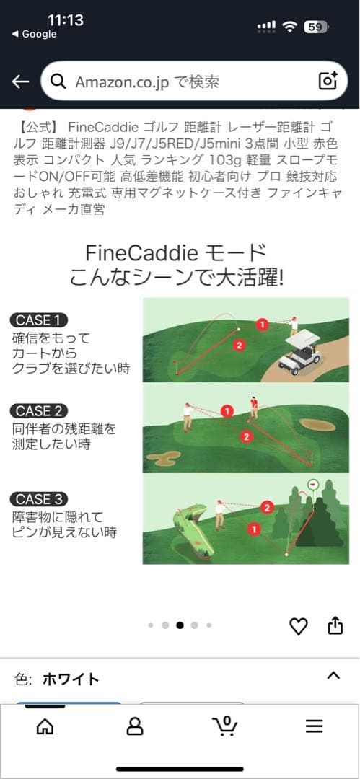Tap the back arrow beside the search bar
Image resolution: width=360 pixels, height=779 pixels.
pyautogui.click(x=20, y=82)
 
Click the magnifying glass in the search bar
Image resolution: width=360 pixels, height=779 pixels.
pyautogui.click(x=58, y=82)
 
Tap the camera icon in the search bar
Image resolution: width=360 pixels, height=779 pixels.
pyautogui.click(x=328, y=81)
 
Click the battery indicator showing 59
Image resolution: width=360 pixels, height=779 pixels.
pyautogui.click(x=316, y=27)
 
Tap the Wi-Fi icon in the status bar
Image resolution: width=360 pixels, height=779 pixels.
pyautogui.click(x=289, y=27)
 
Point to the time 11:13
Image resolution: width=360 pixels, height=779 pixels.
pyautogui.click(x=66, y=20)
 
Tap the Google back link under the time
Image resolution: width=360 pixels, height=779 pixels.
pyautogui.click(x=34, y=35)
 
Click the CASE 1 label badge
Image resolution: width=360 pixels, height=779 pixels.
pyautogui.click(x=39, y=320)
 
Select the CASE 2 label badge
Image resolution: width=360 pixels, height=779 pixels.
pyautogui.click(x=39, y=411)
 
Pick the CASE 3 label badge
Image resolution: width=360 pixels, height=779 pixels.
pyautogui.click(x=39, y=499)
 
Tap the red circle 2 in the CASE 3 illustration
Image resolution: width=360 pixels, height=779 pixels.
pyautogui.click(x=267, y=507)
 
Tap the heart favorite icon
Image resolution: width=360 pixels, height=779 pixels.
pyautogui.click(x=299, y=626)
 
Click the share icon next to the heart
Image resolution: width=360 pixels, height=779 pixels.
pyautogui.click(x=335, y=625)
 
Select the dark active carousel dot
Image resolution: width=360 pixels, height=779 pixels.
pyautogui.click(x=180, y=625)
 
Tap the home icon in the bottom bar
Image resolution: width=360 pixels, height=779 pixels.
pyautogui.click(x=45, y=727)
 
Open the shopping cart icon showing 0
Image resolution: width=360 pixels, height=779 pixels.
pyautogui.click(x=225, y=726)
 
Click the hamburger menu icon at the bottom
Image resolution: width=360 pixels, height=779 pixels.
pyautogui.click(x=315, y=727)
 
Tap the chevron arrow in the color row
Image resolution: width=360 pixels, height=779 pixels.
pyautogui.click(x=333, y=675)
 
